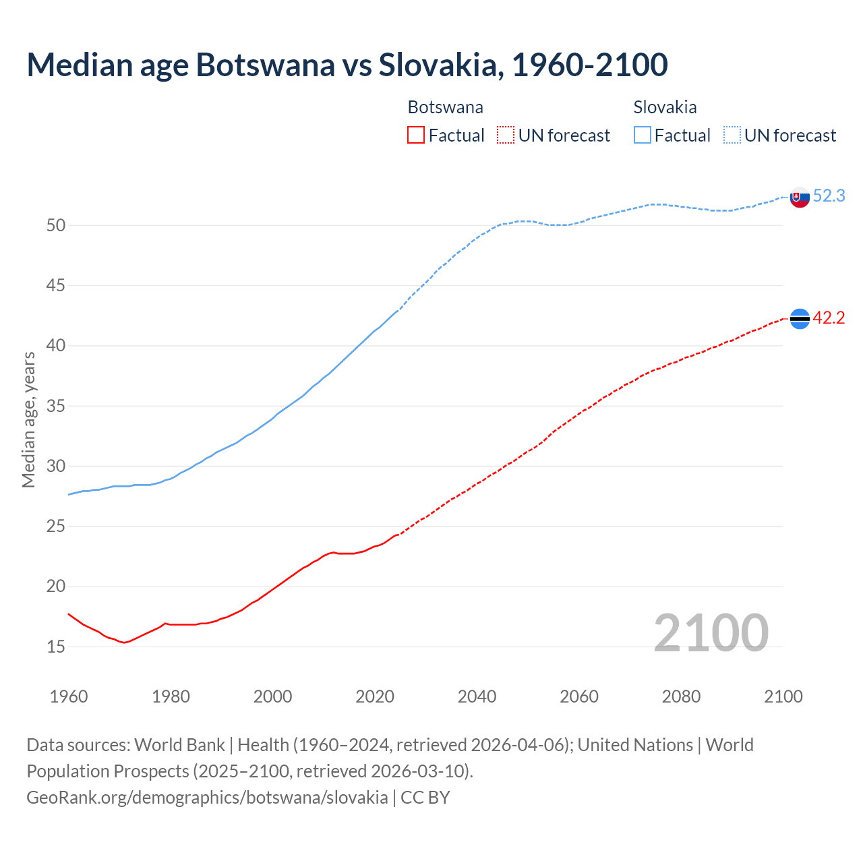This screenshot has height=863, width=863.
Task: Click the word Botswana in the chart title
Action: (x=265, y=65)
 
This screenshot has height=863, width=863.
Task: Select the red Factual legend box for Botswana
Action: (x=416, y=136)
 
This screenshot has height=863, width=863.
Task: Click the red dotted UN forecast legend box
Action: (x=506, y=136)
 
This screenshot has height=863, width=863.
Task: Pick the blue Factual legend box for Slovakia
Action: (x=643, y=136)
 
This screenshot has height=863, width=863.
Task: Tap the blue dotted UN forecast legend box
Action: (x=732, y=136)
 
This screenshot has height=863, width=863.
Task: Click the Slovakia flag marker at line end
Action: (x=800, y=197)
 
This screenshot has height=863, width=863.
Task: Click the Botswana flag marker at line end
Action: (x=800, y=318)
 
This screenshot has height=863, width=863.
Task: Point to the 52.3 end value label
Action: (x=829, y=196)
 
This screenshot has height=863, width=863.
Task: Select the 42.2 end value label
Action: (x=829, y=318)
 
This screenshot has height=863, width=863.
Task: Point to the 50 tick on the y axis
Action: (x=56, y=225)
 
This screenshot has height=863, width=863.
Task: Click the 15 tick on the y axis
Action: (x=56, y=647)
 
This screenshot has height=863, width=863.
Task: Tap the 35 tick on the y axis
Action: (x=56, y=406)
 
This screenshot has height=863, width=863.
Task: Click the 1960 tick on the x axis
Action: (x=69, y=696)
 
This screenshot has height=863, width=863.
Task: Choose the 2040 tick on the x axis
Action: (x=477, y=696)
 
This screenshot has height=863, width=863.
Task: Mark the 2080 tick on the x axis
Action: (x=681, y=696)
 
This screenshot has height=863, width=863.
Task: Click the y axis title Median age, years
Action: (x=28, y=419)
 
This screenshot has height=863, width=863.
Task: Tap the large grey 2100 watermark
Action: (x=711, y=632)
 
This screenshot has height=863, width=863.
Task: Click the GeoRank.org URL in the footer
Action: (x=207, y=798)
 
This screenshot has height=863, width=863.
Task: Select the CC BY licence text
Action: (x=425, y=798)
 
